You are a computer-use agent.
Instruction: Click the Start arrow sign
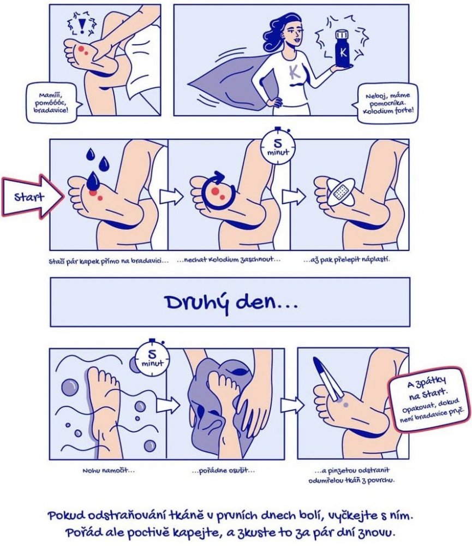click(x=33, y=197)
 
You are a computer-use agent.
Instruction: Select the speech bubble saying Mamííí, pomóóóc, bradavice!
click(x=53, y=103)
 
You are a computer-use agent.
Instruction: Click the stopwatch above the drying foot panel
click(x=278, y=146)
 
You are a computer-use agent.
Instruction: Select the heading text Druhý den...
click(x=231, y=302)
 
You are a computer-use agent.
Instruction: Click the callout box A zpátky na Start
click(x=428, y=399)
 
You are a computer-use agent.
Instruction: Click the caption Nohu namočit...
click(x=108, y=471)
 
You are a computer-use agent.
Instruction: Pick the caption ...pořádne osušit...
click(x=223, y=471)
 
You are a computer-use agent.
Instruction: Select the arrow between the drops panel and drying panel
click(x=171, y=197)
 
